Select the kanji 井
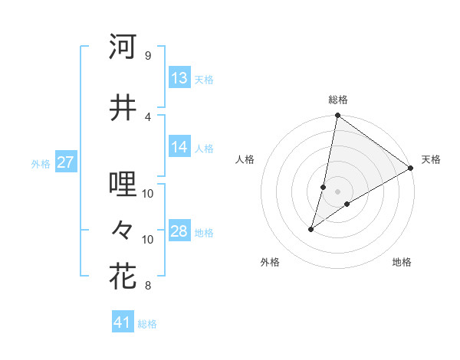point(123,107)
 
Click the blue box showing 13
point(179,78)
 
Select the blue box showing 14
point(179,148)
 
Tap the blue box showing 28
point(179,232)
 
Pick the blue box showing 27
point(66,162)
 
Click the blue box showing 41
point(123,322)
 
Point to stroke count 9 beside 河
point(147,55)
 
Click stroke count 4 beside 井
point(147,116)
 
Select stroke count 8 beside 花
point(147,286)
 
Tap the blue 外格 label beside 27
point(41,163)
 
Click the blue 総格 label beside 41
point(147,324)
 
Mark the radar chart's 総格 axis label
point(337,100)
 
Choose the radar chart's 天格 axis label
point(431,159)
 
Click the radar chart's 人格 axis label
point(245,159)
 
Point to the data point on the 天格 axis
point(411,168)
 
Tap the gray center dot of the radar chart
point(337,191)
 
